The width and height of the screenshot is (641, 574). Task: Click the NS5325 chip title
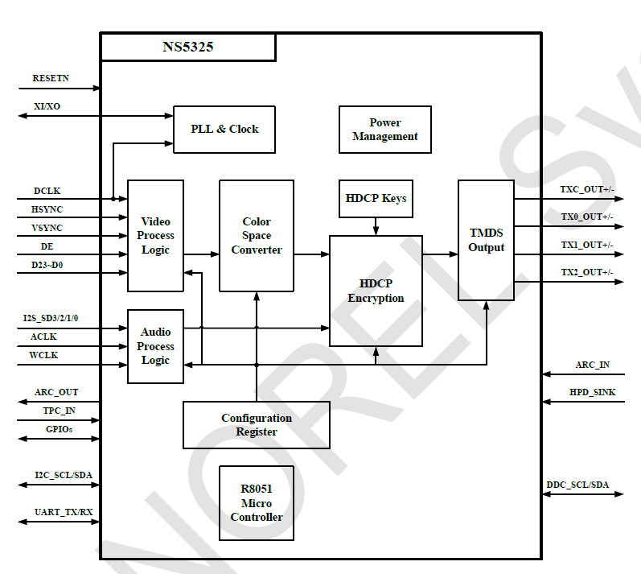coord(187,47)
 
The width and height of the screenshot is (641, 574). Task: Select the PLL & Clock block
coord(224,130)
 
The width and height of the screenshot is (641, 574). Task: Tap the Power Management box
coord(384,130)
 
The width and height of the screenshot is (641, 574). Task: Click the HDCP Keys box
coord(376,199)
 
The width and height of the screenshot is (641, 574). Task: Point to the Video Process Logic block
coord(155,236)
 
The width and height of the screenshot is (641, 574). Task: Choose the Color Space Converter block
coord(257,236)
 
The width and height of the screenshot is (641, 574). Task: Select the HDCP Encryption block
coord(376,291)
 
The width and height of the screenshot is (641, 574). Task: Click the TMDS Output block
coord(486,240)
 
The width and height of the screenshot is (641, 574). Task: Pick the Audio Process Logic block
coord(155,346)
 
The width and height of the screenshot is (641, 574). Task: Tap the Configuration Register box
coord(257,425)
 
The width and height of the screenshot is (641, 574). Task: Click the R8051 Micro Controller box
coord(257,503)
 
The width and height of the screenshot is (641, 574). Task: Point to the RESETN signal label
coord(51,78)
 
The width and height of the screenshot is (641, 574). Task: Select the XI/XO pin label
coord(47,106)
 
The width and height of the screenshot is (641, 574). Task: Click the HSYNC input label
coord(47,209)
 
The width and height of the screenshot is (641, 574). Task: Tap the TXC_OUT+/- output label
coord(586,190)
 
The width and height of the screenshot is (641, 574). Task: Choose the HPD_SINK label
coord(590,392)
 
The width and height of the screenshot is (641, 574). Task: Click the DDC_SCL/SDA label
coord(577,485)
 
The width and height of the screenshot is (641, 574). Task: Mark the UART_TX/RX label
coord(63,512)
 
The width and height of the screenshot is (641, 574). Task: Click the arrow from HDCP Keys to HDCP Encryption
coord(376,226)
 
